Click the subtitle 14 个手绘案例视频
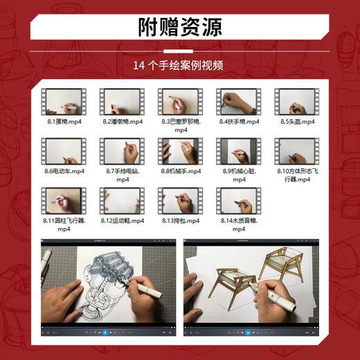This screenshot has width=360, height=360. click(x=180, y=66)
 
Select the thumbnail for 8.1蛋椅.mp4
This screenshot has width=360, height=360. click(x=62, y=102)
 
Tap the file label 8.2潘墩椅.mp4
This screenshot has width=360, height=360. click(x=122, y=121)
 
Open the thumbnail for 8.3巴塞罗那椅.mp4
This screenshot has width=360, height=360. click(x=179, y=102)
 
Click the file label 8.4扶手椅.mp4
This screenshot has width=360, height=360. click(x=238, y=121)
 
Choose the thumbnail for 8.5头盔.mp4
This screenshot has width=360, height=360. click(x=296, y=102)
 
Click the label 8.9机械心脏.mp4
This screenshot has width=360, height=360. click(x=238, y=170)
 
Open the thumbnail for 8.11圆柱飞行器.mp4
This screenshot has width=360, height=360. click(x=62, y=200)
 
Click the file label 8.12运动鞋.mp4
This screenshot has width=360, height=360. click(x=122, y=220)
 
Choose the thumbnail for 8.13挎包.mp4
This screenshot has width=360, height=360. click(x=179, y=200)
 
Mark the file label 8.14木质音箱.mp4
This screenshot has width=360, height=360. click(x=238, y=220)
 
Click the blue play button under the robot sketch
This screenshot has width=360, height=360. click(x=106, y=333)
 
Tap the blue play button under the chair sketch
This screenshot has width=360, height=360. click(x=250, y=333)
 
